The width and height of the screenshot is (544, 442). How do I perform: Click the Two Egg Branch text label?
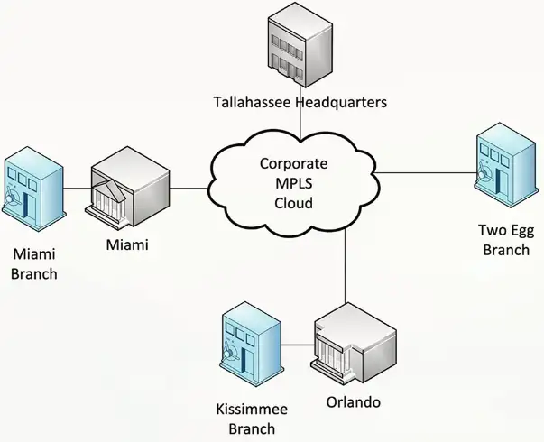point(504,241)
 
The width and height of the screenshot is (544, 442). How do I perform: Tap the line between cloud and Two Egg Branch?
point(424,172)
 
